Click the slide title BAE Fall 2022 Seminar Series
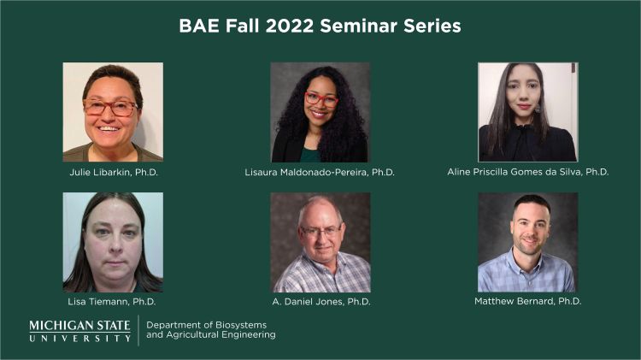(x=320, y=26)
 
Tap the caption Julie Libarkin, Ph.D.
(x=114, y=172)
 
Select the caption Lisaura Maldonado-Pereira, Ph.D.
(x=320, y=172)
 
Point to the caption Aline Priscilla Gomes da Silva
(x=528, y=172)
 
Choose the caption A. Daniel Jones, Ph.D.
(x=320, y=302)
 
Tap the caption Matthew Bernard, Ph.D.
(x=527, y=302)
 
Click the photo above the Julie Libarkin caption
(x=113, y=112)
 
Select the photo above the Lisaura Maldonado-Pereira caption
(x=320, y=112)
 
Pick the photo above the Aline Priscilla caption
(x=527, y=112)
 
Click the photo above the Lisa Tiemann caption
(x=113, y=242)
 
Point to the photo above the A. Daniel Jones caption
(x=320, y=242)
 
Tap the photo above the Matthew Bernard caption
(x=527, y=242)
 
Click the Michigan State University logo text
(x=79, y=331)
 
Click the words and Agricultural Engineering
(x=211, y=335)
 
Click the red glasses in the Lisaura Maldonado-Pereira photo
(x=321, y=99)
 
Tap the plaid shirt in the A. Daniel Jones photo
(x=320, y=275)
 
